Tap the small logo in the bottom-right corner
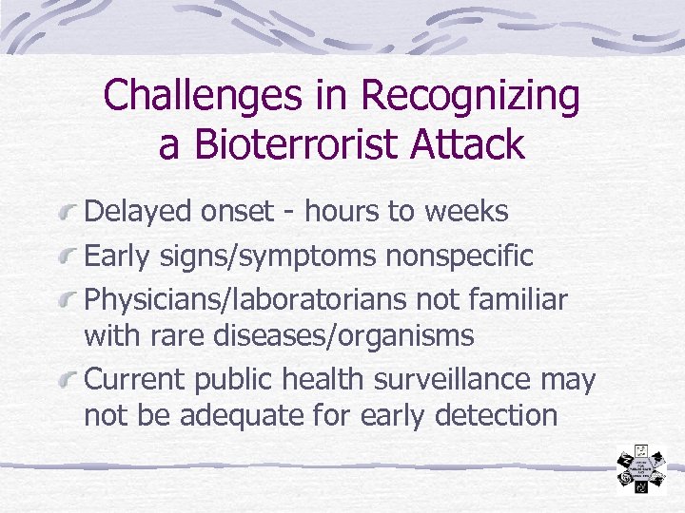pos(644,469)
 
